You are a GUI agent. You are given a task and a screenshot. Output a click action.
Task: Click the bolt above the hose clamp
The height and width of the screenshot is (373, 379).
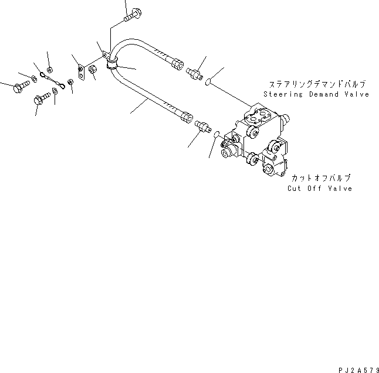pos(130,14)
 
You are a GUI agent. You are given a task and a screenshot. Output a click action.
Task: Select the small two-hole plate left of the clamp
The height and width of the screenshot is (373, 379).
pos(81,72)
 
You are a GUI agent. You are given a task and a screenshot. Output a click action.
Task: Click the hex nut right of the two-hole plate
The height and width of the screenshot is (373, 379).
pos(92,70)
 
